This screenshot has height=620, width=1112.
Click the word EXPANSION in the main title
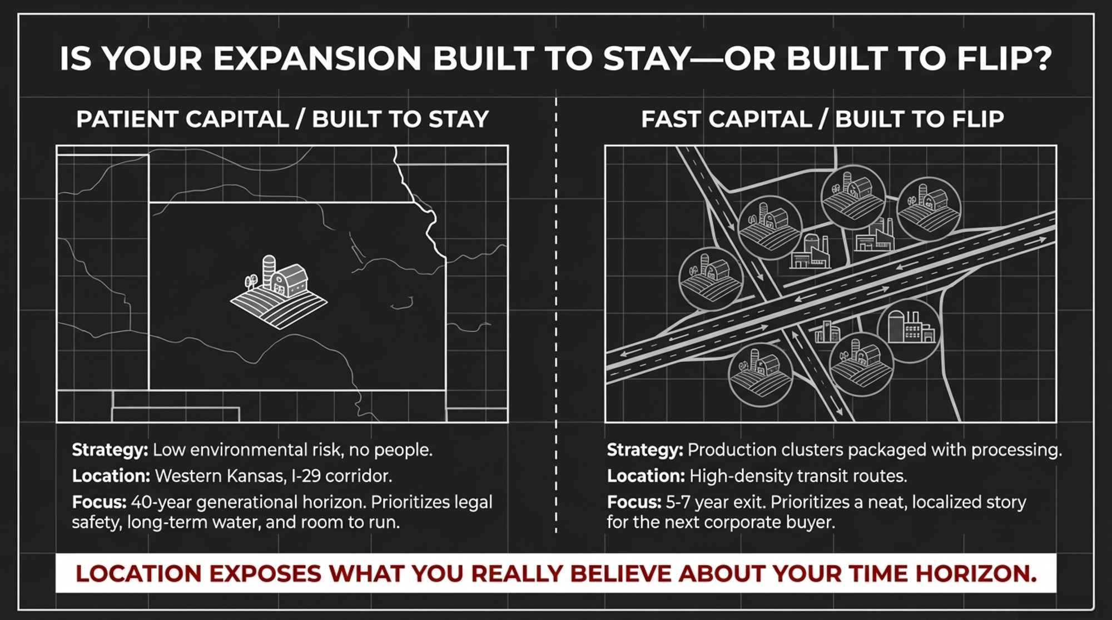click(x=317, y=58)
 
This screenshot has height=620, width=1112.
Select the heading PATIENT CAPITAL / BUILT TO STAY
click(x=282, y=119)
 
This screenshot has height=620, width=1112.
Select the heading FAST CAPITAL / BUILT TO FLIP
click(x=822, y=119)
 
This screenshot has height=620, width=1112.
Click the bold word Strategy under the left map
click(x=110, y=450)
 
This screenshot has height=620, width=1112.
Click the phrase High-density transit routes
click(x=798, y=476)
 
